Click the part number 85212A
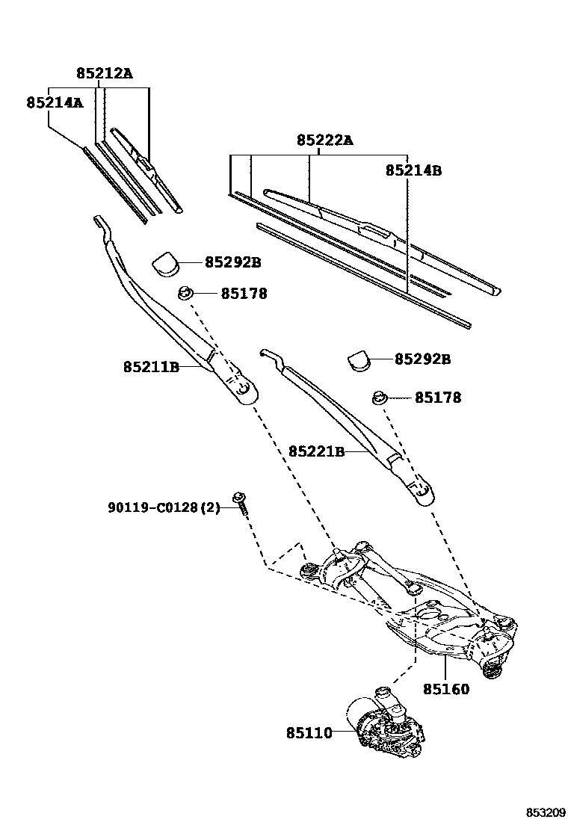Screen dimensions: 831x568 104,73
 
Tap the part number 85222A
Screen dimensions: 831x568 325,140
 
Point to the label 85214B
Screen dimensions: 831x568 413,170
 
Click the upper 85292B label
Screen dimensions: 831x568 233,262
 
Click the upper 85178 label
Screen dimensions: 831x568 243,294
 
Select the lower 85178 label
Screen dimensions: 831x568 437,398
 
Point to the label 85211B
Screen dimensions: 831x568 151,366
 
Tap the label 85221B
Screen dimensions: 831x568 316,451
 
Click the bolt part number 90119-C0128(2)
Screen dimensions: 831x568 164,508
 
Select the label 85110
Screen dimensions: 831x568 308,733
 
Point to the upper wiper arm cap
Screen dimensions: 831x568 167,263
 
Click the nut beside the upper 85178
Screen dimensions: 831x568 185,292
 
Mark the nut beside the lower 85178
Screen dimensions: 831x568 380,397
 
